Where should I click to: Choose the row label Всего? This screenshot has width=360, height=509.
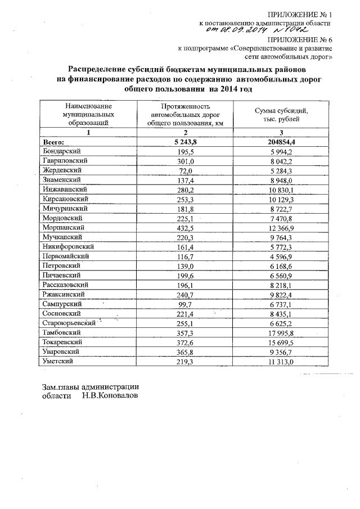(x=55, y=142)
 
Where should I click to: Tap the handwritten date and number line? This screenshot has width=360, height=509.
(x=262, y=31)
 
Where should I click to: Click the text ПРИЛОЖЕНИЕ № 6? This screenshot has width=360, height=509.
(x=299, y=40)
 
